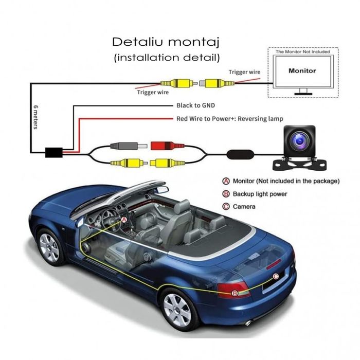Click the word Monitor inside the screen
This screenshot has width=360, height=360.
point(302,70)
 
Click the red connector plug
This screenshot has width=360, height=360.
point(164,146)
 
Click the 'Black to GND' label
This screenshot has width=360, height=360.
point(195,105)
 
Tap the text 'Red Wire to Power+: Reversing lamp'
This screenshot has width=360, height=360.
point(229,119)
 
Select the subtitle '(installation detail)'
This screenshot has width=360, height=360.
point(167,57)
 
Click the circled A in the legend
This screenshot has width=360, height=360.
point(225,181)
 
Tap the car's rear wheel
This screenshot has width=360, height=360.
point(178,308)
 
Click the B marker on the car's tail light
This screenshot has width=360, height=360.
point(235,293)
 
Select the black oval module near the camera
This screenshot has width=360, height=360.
point(240,154)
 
